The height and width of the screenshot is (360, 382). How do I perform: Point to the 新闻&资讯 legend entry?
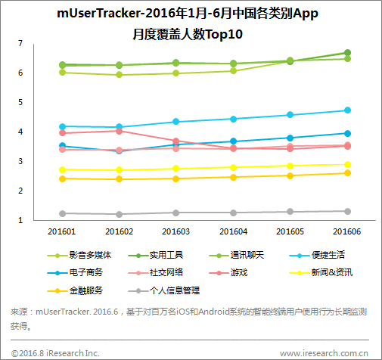[331, 272]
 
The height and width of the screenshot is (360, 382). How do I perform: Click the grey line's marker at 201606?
[347, 211]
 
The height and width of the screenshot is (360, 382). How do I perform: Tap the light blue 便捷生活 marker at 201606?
[347, 110]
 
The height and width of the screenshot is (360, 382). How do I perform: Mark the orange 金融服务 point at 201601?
[62, 178]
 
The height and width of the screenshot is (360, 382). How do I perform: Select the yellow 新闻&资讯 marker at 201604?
[233, 167]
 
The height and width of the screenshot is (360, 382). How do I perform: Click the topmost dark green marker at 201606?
[347, 53]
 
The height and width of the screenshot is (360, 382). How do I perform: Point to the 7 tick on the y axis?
[20, 43]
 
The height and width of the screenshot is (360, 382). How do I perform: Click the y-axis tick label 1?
[20, 220]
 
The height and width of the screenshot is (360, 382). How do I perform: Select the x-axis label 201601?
[62, 232]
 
